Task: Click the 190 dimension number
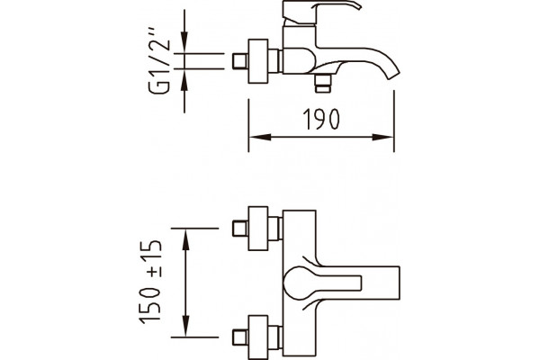coord(321,119)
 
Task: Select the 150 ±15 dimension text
coord(150,282)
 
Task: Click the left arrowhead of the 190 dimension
coord(260,137)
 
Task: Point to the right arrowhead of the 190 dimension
coord(382,137)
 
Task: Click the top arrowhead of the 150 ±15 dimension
coord(185,240)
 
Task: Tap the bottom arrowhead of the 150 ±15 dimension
coord(185,325)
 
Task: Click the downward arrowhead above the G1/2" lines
coord(184,42)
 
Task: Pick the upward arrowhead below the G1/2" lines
coord(184,80)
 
